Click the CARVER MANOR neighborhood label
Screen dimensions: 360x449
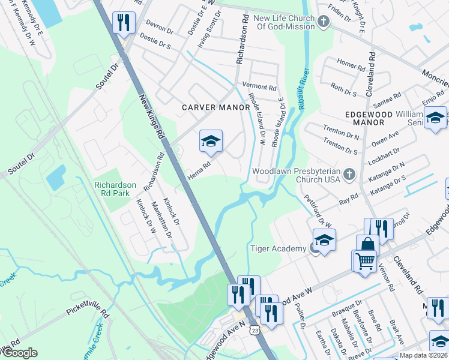tap(216, 107)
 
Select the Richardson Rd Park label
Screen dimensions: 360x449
tap(115, 190)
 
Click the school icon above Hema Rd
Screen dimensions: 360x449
tap(211, 142)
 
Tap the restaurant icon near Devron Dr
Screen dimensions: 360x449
tap(124, 23)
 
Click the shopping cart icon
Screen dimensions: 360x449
tap(364, 261)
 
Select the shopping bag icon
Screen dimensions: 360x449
tap(367, 245)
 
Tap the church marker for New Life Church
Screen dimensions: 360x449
tap(324, 23)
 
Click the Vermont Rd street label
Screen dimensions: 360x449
tap(259, 86)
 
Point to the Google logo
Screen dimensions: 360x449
tap(19, 353)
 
